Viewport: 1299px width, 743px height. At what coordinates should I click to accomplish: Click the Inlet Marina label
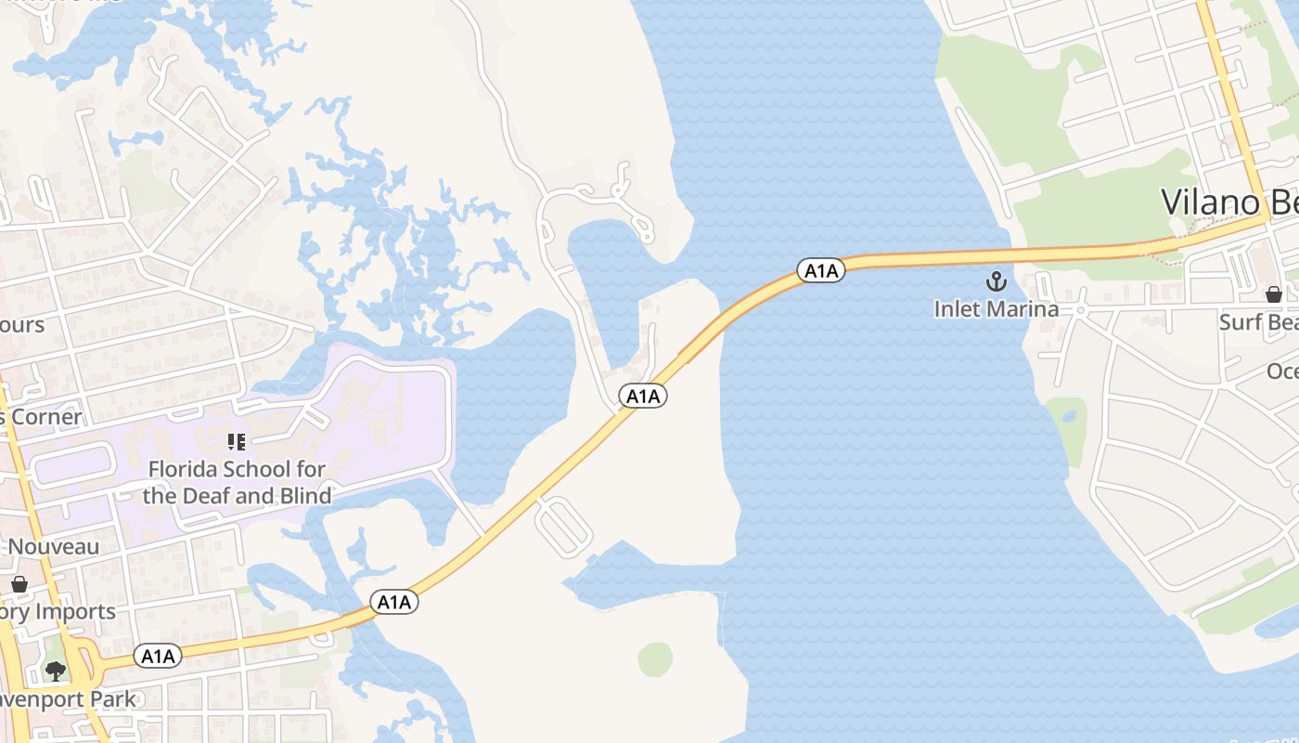tap(996, 309)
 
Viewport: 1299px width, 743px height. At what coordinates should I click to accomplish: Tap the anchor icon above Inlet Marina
tap(997, 281)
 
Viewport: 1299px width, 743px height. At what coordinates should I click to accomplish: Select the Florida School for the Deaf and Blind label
tap(237, 482)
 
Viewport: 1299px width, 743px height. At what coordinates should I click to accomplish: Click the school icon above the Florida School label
tap(237, 442)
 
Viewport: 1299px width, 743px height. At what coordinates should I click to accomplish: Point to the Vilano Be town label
tap(1228, 202)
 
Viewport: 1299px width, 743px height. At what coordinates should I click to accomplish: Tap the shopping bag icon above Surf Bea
tap(1274, 294)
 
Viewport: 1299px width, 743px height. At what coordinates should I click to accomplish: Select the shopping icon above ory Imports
tap(19, 584)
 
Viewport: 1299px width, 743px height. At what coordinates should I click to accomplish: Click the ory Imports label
tap(58, 611)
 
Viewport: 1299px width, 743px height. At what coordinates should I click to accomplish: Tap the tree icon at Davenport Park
tap(56, 671)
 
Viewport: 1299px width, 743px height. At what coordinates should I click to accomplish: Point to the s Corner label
tap(41, 417)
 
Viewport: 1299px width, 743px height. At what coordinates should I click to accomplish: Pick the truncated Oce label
tap(1282, 371)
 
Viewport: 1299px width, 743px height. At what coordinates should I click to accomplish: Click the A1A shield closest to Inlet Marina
tap(821, 271)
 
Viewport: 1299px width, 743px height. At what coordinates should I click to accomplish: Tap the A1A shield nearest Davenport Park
tap(158, 657)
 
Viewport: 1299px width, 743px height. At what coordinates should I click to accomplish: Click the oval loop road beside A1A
tap(564, 526)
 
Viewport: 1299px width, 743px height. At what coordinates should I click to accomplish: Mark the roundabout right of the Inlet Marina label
tap(1081, 309)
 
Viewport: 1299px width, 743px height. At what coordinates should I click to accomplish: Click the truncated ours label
tap(22, 324)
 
